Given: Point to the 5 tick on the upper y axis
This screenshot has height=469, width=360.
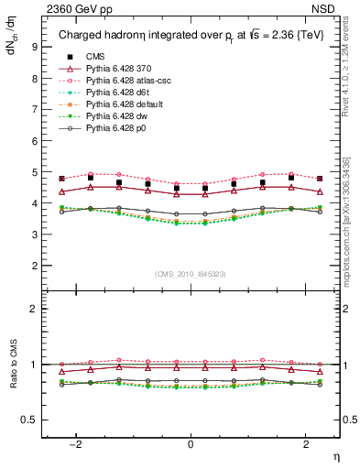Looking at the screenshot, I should coord(34,172).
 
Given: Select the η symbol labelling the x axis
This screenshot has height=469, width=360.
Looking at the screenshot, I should coord(335,455).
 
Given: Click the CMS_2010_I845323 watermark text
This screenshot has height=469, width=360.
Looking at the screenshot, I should coord(191,274).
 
